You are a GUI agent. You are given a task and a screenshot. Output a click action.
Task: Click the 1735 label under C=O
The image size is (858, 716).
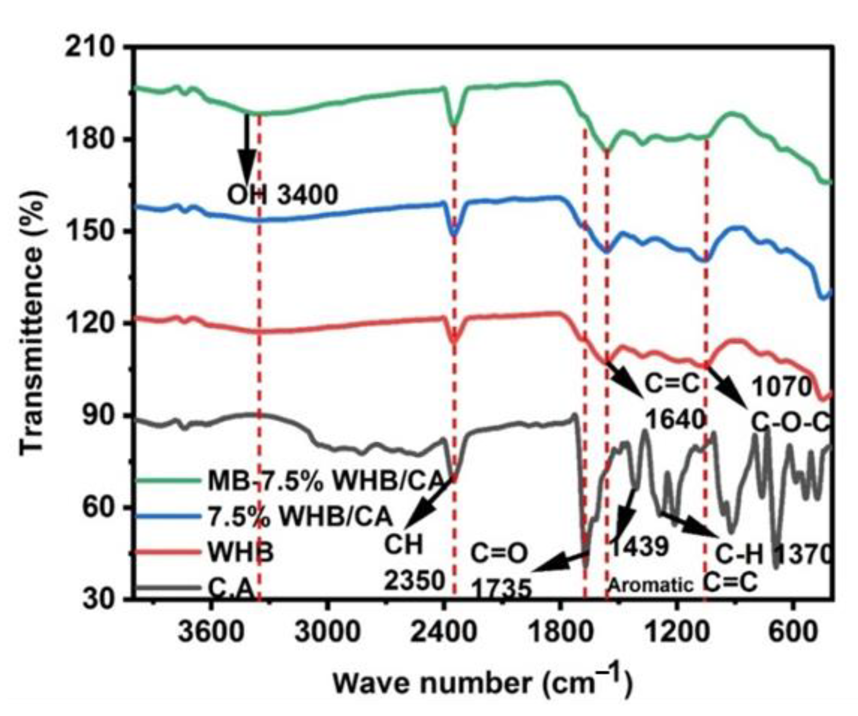pyautogui.click(x=502, y=589)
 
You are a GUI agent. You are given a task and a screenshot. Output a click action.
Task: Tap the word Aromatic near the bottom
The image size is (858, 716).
pyautogui.click(x=651, y=586)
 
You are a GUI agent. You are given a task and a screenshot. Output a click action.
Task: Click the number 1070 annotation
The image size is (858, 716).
pyautogui.click(x=781, y=387)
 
